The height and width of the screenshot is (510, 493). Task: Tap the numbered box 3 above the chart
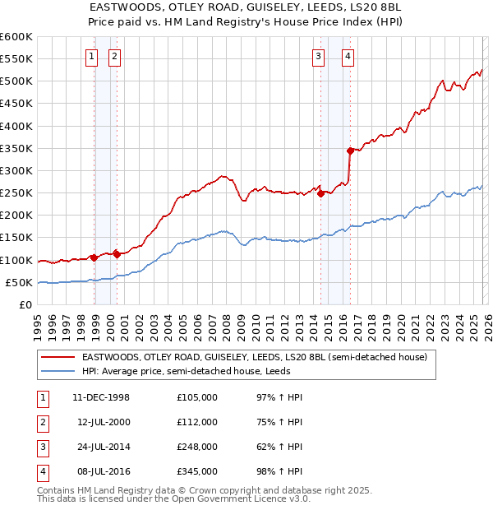tap(318, 57)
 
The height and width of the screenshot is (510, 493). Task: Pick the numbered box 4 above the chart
tap(348, 57)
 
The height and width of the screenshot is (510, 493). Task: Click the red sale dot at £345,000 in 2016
tap(350, 151)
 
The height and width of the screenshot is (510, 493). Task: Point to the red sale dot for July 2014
tap(321, 194)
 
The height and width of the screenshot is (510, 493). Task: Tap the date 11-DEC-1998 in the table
tap(101, 397)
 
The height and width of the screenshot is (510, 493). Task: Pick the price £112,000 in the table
tap(197, 422)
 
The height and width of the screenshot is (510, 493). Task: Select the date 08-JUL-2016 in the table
tap(101, 471)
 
